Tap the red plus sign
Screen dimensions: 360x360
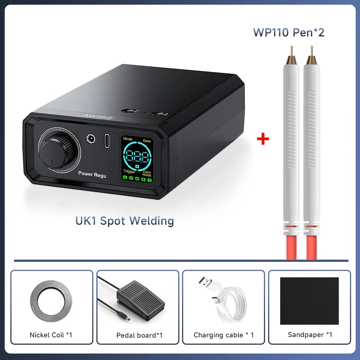(x=263, y=139)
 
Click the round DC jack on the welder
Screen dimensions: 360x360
(x=91, y=139)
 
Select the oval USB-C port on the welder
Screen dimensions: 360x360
(x=107, y=141)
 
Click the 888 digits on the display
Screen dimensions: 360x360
(x=137, y=157)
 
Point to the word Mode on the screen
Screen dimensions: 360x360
(x=128, y=139)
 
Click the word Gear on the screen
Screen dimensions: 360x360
(x=147, y=141)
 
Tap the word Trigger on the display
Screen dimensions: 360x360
(x=129, y=171)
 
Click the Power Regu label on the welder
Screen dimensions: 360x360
(x=92, y=174)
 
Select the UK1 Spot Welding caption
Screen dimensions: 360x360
(x=125, y=221)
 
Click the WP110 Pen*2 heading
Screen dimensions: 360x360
(x=289, y=32)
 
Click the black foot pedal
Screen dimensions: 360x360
(x=140, y=300)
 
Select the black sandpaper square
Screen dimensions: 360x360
(x=309, y=301)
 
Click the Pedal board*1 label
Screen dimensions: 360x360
(x=139, y=336)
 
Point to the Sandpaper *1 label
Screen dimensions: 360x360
(x=310, y=335)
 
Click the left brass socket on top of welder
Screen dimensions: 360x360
(x=130, y=111)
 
